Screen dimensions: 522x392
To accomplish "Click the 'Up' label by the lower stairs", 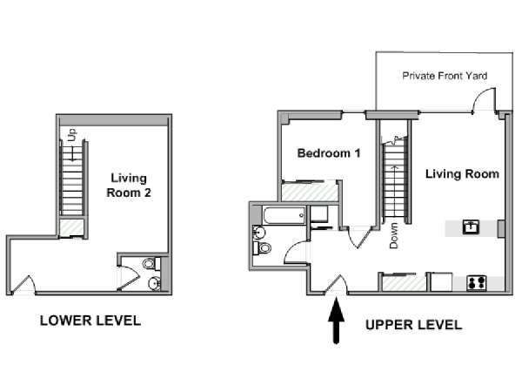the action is [72, 134].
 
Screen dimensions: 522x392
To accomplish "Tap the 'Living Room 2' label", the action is [129, 186].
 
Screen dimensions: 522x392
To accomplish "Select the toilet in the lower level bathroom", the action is [151, 264].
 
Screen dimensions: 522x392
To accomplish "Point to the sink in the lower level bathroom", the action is [155, 283].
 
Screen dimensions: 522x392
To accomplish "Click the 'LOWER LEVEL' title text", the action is [90, 321].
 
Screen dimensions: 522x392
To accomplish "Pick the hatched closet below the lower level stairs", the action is [71, 227].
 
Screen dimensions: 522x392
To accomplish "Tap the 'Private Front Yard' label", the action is [445, 76].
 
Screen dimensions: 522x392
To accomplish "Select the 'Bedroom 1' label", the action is [329, 153].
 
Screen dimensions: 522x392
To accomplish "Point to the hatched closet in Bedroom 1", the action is [310, 192].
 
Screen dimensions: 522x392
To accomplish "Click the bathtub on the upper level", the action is [284, 215].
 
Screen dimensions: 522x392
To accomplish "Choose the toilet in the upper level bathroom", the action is [263, 248].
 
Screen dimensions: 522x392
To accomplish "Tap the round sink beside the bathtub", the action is [258, 232].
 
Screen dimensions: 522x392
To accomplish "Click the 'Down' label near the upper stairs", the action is [393, 236].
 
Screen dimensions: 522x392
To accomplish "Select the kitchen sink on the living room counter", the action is [471, 227].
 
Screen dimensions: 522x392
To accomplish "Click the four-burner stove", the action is [477, 282].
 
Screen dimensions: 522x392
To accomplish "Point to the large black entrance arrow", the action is [336, 321].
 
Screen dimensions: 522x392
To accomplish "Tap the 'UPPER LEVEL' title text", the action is [414, 325].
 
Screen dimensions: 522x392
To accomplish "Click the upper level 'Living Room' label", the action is [462, 173].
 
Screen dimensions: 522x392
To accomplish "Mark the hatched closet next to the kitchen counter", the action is [404, 282].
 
